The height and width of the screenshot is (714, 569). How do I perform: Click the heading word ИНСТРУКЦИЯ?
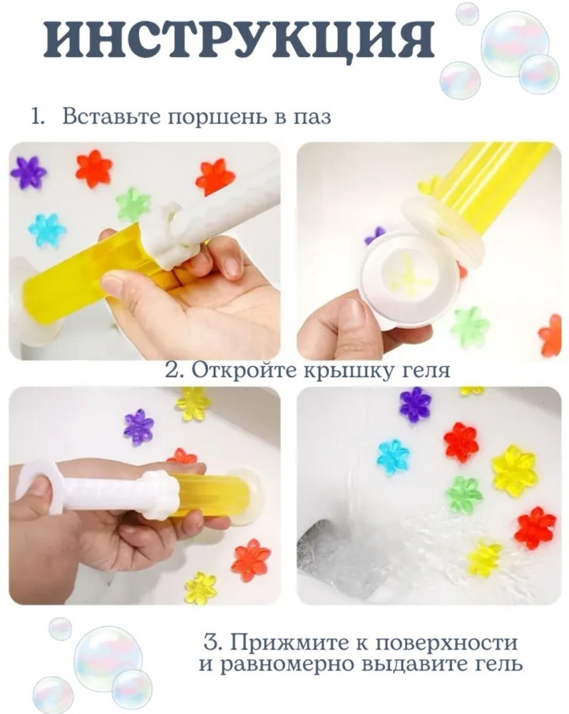[238, 40]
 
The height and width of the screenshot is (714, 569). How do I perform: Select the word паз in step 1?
[314, 118]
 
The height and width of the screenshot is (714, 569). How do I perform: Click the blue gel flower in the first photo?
[47, 229]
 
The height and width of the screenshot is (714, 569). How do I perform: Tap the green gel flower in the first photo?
[133, 204]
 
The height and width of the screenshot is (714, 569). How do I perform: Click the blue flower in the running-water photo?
[393, 457]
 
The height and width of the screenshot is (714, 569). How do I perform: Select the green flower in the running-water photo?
[463, 495]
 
